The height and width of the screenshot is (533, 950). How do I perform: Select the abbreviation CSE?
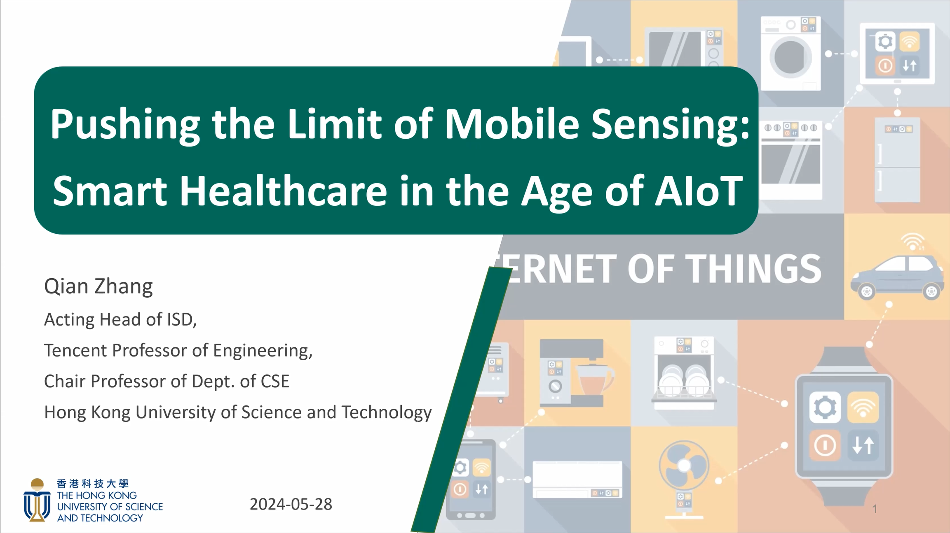pos(275,381)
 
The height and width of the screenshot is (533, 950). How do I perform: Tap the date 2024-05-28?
pos(291,504)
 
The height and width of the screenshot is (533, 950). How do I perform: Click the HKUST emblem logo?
pos(37,500)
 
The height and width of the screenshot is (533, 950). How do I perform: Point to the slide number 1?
pos(875,509)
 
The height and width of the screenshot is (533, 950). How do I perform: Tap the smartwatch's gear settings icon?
pos(825,407)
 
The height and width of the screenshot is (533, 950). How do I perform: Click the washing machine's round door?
pos(791,57)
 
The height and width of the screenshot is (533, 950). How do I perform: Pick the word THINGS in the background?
pos(755,269)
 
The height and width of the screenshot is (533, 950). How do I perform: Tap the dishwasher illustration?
pos(684,372)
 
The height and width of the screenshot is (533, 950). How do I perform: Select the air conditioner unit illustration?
pos(577,479)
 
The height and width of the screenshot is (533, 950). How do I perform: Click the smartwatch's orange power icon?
pos(825,445)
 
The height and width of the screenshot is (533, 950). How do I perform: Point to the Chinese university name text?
pos(93,484)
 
